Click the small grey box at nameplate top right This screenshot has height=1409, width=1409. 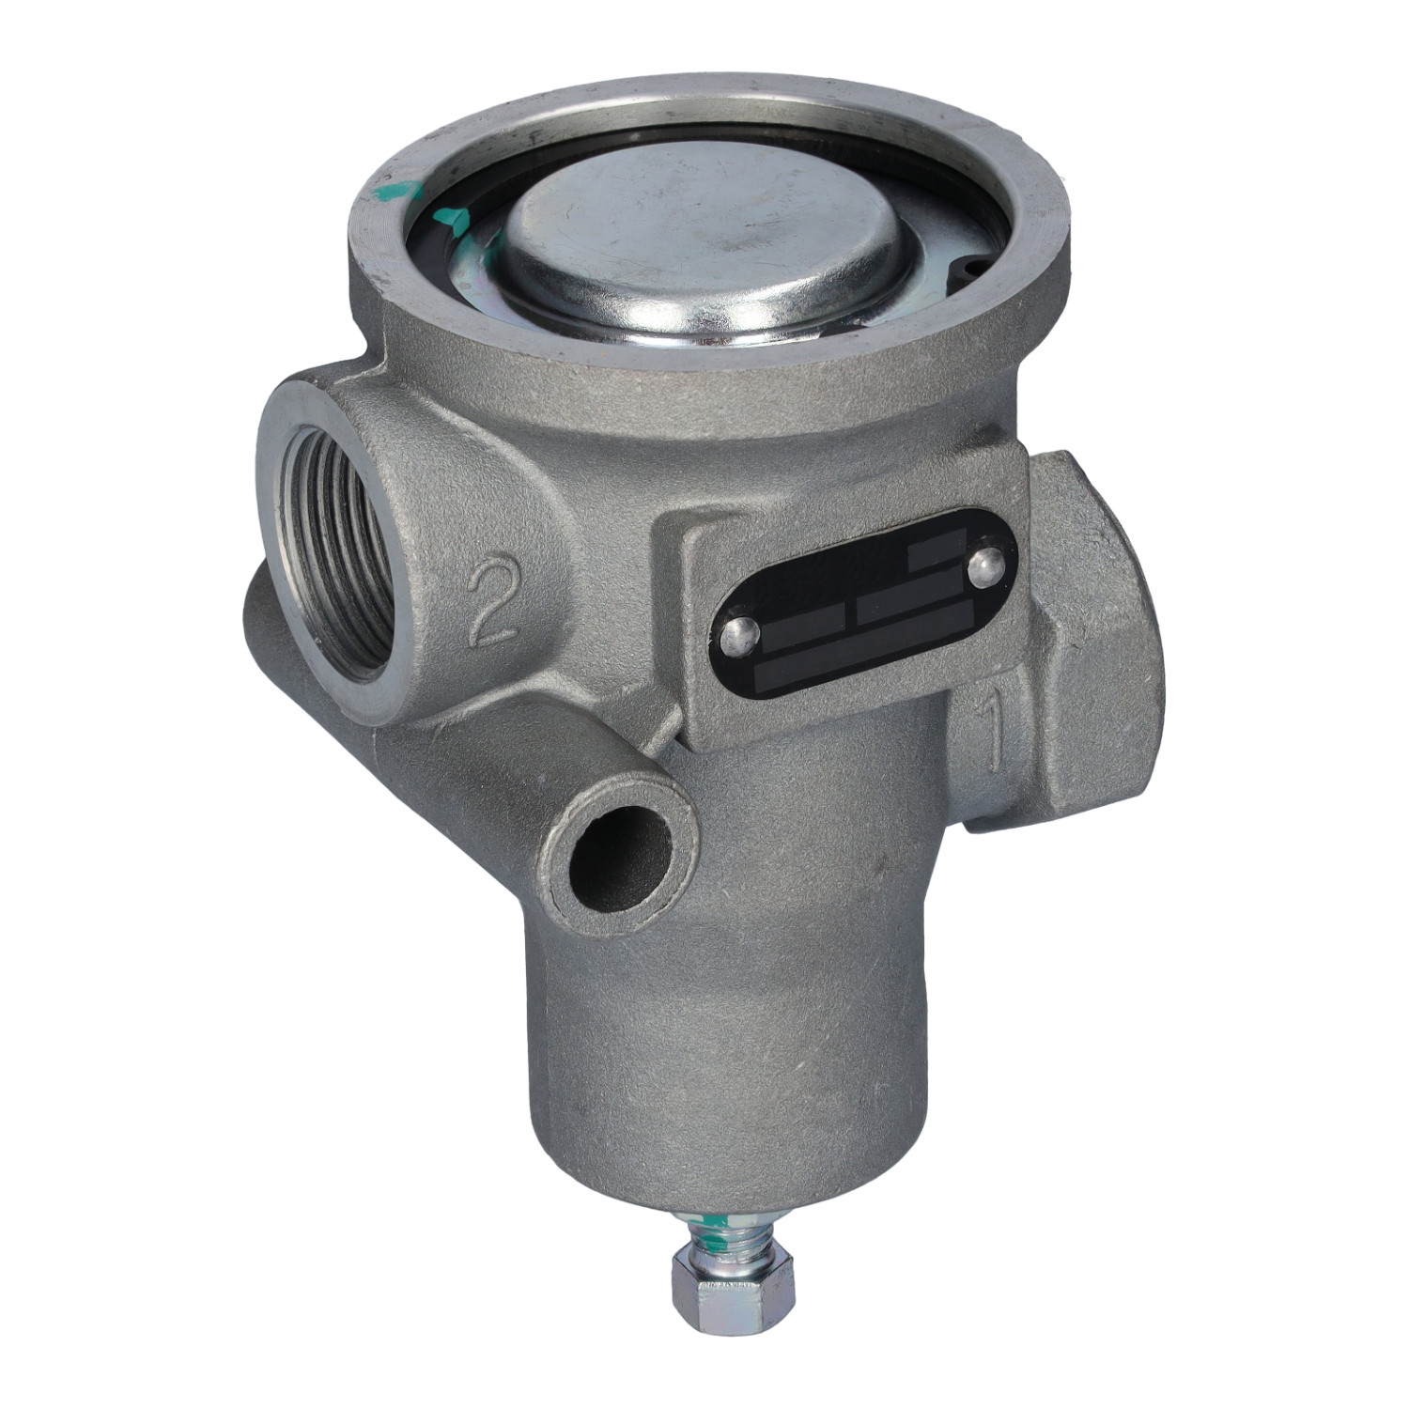click(x=937, y=553)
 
